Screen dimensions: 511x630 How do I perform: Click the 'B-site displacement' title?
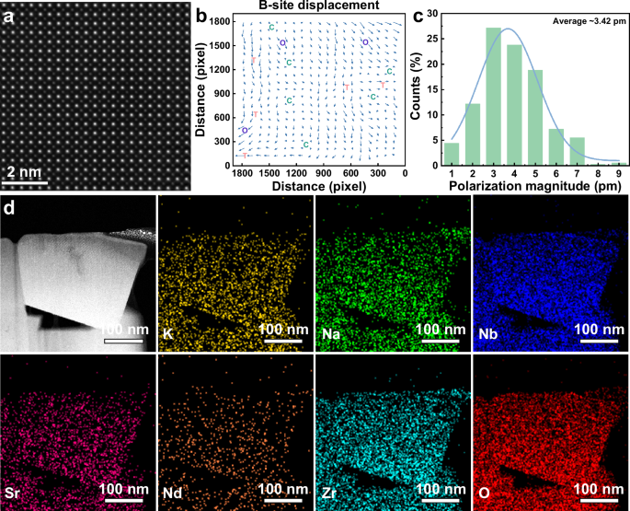(304, 6)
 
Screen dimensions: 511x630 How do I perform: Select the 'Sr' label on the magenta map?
(13, 494)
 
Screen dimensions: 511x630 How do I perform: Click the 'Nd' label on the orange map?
(171, 494)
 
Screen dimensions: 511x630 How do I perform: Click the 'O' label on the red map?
(483, 494)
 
